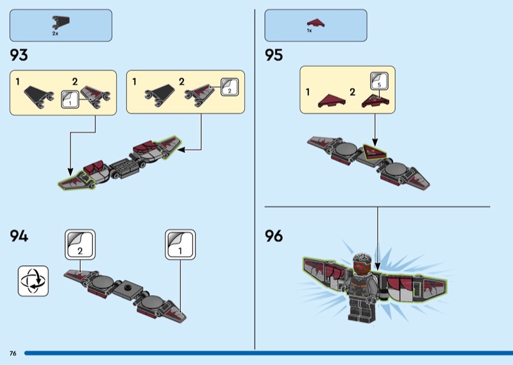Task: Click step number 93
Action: point(19,55)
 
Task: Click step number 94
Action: point(19,236)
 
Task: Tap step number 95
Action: point(274,55)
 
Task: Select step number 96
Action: point(274,236)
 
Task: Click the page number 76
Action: point(13,353)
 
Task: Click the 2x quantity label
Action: point(55,33)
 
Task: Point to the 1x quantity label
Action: point(309,30)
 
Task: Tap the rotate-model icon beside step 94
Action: point(33,281)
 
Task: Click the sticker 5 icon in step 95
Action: point(379,81)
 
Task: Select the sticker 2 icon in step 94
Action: point(80,245)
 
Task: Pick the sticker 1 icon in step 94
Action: point(180,245)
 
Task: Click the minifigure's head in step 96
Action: point(362,263)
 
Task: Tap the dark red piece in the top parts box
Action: point(315,23)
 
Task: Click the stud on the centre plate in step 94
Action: point(128,288)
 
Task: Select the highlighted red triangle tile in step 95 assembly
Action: point(374,152)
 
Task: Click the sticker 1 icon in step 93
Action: point(70,100)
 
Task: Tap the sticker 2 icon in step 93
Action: point(230,87)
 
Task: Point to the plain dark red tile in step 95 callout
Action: point(332,101)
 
